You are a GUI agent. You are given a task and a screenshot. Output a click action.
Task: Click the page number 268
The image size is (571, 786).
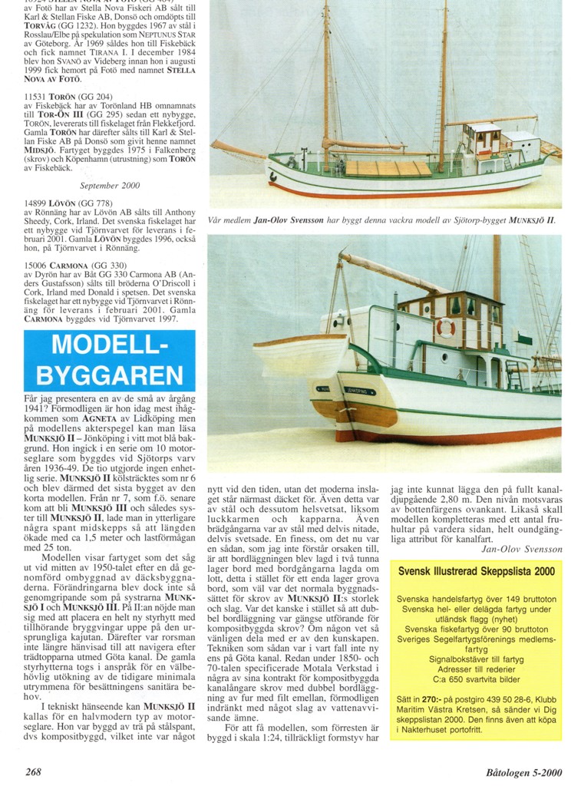(x=33, y=771)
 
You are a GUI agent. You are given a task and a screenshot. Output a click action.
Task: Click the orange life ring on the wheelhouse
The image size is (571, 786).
(x=446, y=327)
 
